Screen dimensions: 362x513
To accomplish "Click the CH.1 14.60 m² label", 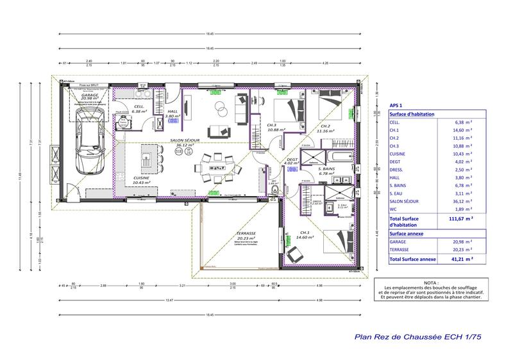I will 305,234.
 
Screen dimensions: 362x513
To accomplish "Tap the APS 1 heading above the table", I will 396,104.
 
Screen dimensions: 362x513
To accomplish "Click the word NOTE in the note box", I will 432,283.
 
